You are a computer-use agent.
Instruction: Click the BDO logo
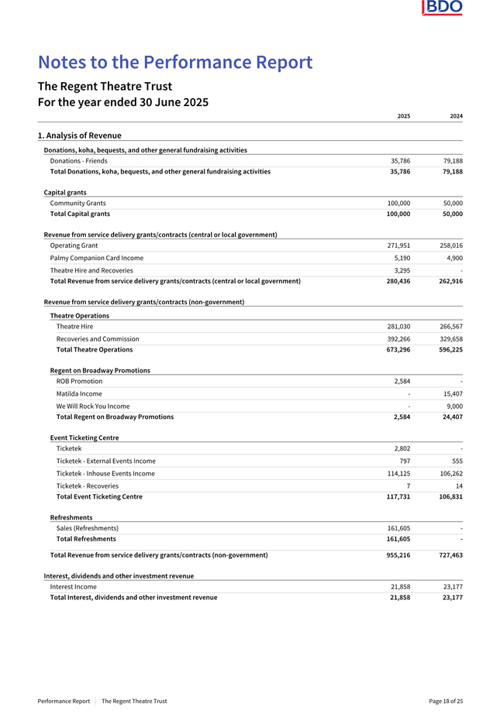pos(443,8)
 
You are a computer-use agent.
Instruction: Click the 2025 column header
pos(403,115)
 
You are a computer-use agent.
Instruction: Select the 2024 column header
pos(456,115)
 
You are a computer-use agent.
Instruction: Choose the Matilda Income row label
pos(79,393)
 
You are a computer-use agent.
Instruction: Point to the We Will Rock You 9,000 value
pos(454,406)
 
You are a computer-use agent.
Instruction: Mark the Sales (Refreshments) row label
pos(88,528)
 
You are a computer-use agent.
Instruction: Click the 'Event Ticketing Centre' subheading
pos(84,437)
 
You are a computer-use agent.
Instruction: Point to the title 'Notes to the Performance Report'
pos(175,62)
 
